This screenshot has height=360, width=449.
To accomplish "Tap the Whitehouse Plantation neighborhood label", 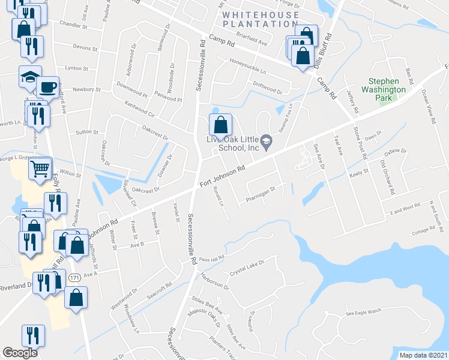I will (259, 19).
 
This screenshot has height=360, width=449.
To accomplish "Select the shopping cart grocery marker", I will (40, 169).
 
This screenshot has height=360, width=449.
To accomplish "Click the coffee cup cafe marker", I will (48, 88).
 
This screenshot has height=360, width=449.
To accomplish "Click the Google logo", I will (20, 352).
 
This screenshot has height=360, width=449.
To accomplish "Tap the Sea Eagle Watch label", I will (364, 311).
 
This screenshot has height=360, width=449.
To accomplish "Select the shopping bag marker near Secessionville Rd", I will (221, 125).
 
